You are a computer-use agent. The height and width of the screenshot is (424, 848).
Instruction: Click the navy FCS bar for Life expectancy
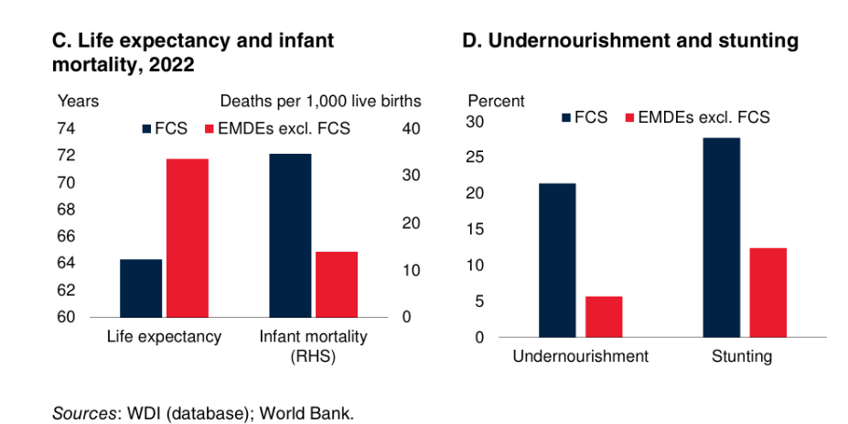click(x=141, y=288)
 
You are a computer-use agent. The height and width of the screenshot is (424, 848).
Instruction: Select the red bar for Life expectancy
click(x=187, y=238)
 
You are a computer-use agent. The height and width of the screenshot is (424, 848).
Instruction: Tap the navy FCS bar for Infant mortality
click(x=290, y=235)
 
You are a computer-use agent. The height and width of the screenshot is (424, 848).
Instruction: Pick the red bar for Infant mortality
click(x=336, y=284)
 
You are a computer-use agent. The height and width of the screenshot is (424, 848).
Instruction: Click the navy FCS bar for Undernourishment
click(x=556, y=260)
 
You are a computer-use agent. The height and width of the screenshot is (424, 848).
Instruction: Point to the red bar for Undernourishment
click(x=604, y=316)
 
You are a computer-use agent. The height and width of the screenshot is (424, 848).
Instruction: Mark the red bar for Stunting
click(x=767, y=292)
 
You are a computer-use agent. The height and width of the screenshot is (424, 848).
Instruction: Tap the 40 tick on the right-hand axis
click(x=412, y=128)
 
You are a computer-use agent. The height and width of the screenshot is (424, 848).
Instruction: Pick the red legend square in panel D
click(x=629, y=117)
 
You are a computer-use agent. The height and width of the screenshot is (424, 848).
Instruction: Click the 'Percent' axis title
click(x=496, y=101)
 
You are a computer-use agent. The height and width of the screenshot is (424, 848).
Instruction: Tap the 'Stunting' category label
click(x=741, y=356)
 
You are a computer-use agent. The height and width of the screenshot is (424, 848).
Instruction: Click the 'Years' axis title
click(x=79, y=101)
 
